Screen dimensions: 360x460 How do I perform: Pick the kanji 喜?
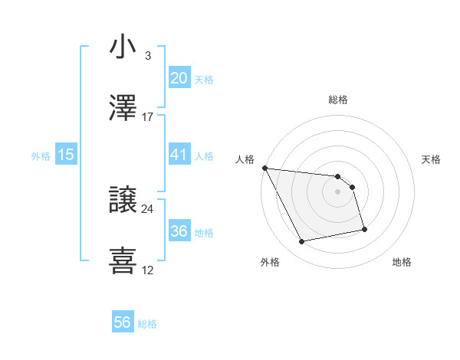[x=123, y=260]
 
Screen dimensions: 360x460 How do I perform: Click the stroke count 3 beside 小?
[x=147, y=56]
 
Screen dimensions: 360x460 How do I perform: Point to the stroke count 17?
[x=148, y=117]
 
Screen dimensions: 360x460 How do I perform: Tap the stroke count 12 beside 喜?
[x=148, y=270]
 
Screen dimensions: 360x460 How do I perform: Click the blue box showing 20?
[x=179, y=78]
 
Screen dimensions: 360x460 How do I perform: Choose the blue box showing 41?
[x=179, y=155]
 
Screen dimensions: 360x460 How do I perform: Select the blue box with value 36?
[x=179, y=231]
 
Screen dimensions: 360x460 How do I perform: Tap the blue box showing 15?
[x=66, y=155]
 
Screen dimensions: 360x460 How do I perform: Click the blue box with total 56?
[x=123, y=323]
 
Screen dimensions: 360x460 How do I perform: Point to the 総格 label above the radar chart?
[x=338, y=100]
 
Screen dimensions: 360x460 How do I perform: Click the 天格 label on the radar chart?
[x=432, y=159]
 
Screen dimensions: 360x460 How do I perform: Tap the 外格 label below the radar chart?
[x=270, y=263]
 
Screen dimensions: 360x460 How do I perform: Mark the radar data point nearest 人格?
[x=264, y=168]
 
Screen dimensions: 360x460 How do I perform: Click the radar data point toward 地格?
[x=364, y=229]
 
